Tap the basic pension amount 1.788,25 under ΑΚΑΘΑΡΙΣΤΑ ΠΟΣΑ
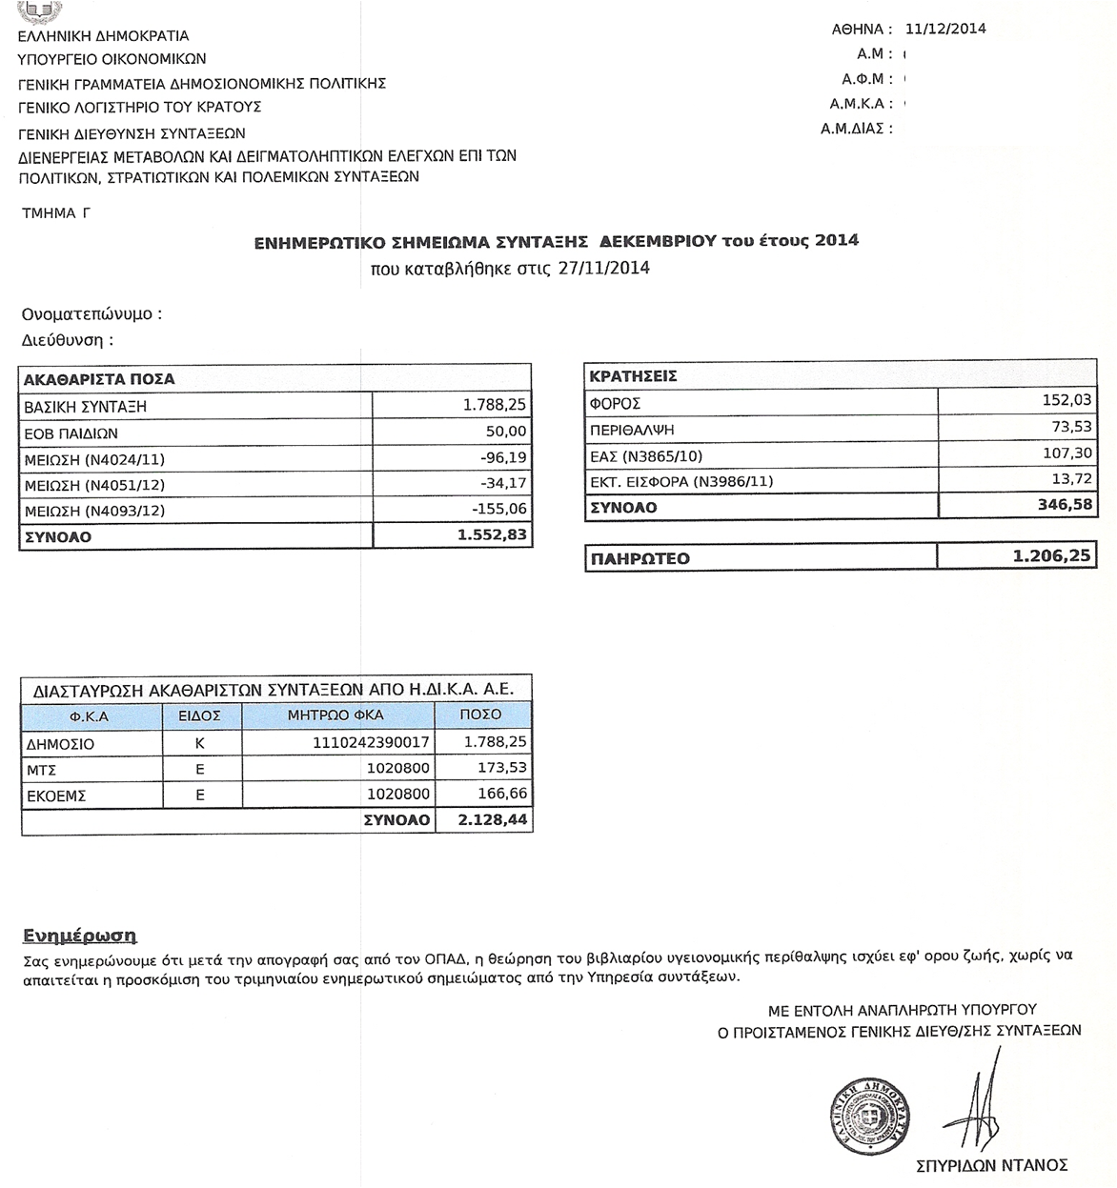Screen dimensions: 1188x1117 495,406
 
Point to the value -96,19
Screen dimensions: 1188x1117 503,458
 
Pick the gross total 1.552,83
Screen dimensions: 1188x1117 492,536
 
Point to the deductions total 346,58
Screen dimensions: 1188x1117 1065,505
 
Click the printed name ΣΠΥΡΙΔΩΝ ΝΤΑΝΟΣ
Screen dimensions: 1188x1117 991,1165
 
